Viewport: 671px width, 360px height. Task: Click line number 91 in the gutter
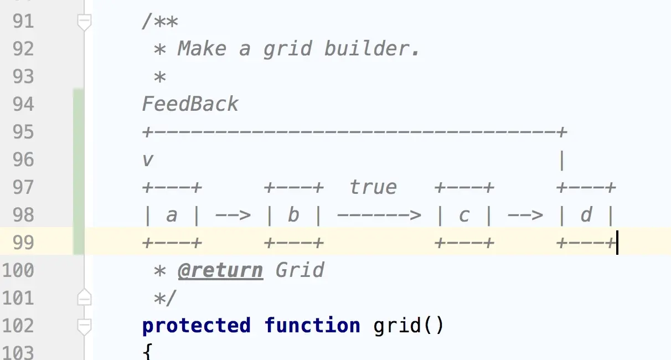[x=22, y=22]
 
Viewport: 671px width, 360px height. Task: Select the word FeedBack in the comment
[x=190, y=104]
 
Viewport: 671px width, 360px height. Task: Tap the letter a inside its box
[x=172, y=215]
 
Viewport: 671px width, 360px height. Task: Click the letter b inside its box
[x=293, y=215]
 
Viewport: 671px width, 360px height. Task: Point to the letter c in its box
[x=464, y=215]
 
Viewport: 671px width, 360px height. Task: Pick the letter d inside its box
[x=586, y=215]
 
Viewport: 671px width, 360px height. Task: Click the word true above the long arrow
[x=373, y=187]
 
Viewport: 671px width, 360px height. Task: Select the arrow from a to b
[x=233, y=215]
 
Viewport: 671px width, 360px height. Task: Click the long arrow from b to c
[x=379, y=215]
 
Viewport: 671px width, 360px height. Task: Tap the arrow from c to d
[x=525, y=215]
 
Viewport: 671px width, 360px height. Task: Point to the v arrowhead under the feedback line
[x=147, y=160]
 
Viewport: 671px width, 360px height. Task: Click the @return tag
[x=220, y=270]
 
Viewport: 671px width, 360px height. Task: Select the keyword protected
[x=196, y=325]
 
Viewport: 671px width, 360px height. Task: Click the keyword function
[x=312, y=325]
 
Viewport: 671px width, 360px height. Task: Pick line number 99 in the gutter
[x=22, y=243]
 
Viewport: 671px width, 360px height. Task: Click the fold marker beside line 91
[x=84, y=22]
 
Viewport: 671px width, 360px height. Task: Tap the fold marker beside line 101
[x=84, y=298]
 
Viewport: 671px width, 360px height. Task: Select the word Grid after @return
[x=300, y=270]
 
